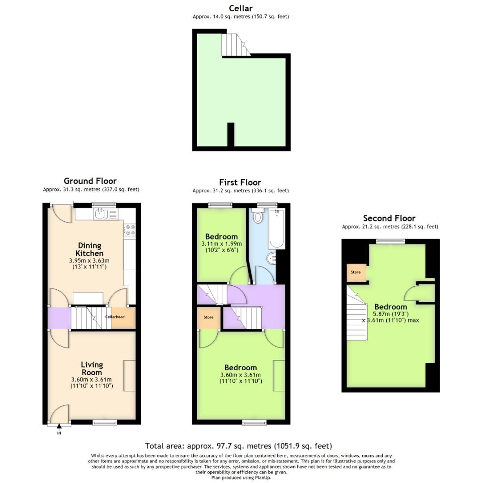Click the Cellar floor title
(241, 8)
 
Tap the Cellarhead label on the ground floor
(114, 317)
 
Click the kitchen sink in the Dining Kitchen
(101, 214)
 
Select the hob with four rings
(130, 230)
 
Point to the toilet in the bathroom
(258, 217)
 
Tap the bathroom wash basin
(271, 258)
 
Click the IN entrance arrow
(59, 430)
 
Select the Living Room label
(92, 369)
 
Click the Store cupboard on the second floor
(356, 272)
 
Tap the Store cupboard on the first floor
(208, 317)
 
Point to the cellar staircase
(234, 45)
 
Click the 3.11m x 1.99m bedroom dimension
(221, 244)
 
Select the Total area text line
(238, 446)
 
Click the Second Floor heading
(389, 218)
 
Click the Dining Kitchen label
(90, 249)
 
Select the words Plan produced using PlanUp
(241, 477)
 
